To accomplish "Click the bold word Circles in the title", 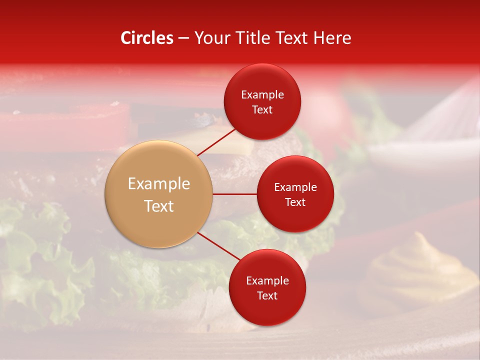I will point(147,38).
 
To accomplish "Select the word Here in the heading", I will point(332,38).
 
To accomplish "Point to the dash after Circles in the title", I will point(183,38).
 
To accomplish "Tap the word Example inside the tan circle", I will point(159,184).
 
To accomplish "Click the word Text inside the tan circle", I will point(159,206).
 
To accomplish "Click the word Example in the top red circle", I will point(262,95).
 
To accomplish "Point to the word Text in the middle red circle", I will point(295,202).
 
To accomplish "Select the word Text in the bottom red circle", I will point(267,295).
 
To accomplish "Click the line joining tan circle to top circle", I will point(216,142).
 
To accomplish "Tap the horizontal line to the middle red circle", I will point(235,193).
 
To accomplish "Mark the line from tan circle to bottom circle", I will point(218,246).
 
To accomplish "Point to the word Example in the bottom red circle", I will point(267,280).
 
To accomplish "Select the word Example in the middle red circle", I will point(295,187).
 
